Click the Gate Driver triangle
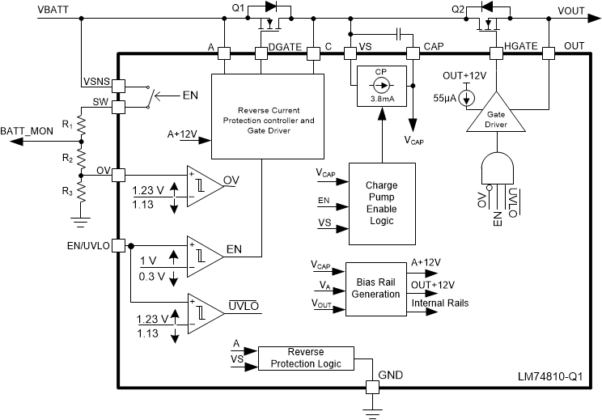495,118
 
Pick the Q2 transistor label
459,9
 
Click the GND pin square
373,388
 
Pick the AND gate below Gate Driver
495,168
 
